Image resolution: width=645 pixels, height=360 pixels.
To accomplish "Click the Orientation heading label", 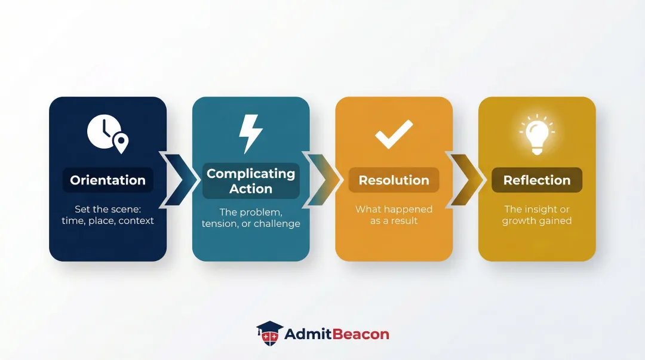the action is coord(107,180).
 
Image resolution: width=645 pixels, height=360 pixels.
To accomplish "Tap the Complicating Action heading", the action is coord(251,181).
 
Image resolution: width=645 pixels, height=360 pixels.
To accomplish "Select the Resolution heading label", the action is coord(394,180).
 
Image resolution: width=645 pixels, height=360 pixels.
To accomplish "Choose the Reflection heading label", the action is coord(537,180).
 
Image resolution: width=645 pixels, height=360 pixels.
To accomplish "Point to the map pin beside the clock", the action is coord(121,143).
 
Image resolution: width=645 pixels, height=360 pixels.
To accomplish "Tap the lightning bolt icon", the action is coord(250,134).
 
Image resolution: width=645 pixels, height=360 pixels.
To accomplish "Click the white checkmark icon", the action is coord(394,134).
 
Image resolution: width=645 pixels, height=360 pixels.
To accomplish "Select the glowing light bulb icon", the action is coord(537,134).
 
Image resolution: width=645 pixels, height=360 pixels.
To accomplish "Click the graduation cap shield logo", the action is coord(269,333).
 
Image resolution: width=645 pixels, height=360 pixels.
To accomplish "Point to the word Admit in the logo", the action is coord(308,334).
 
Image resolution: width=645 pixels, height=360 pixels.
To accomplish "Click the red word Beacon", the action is coord(360,334).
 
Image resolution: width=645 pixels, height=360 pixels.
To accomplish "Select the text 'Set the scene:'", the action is coord(107,209).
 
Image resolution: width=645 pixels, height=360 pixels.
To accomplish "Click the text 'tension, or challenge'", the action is coord(251,223).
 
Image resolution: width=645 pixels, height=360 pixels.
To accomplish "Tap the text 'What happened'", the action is coord(394,209).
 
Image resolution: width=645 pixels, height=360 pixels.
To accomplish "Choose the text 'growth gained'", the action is coord(537,221).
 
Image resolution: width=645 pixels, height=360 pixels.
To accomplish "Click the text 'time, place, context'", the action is coord(107,220).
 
